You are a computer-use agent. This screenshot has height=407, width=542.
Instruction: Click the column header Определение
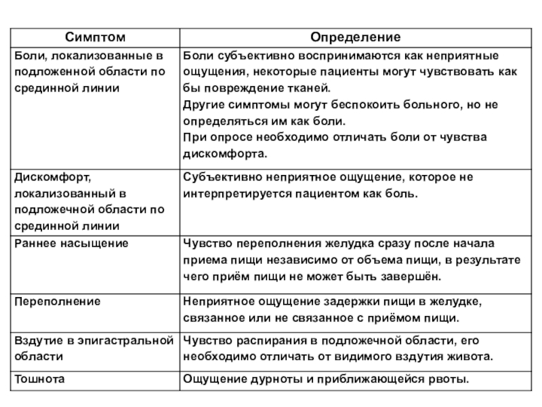coord(355,35)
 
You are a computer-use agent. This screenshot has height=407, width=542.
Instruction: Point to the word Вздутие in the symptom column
coord(38,338)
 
